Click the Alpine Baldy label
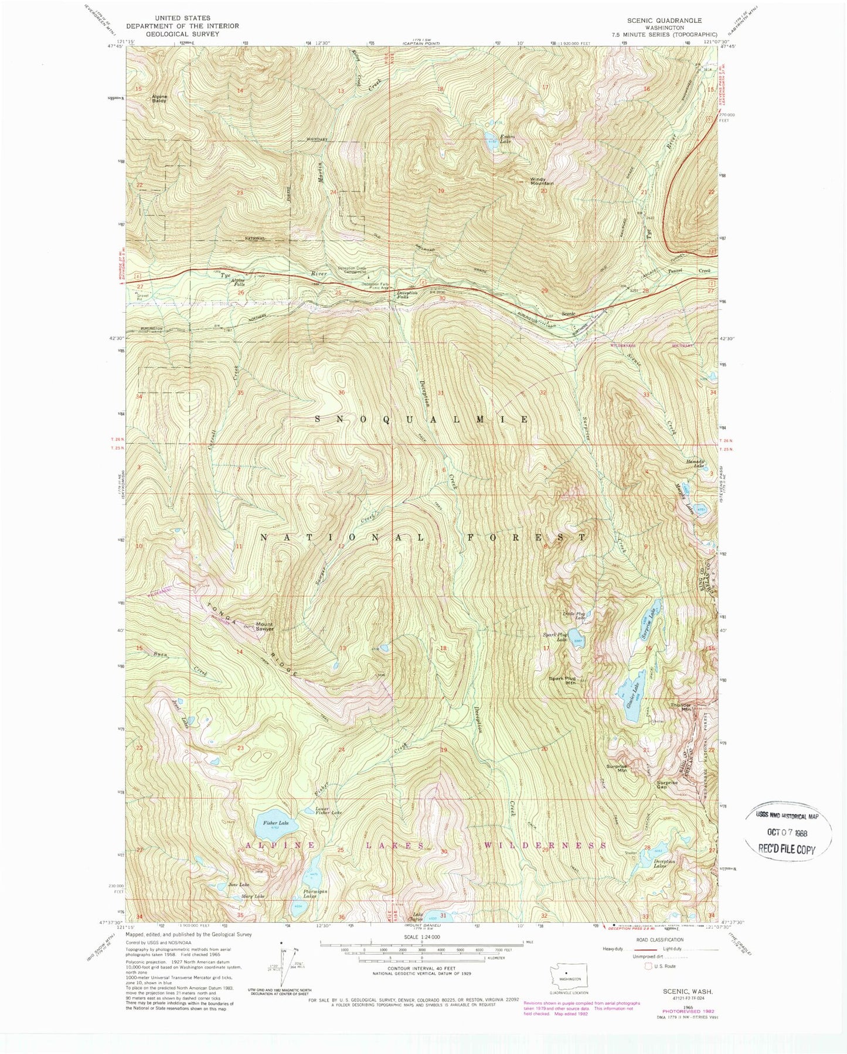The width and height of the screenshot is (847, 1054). [159, 98]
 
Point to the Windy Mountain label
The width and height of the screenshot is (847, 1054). [542, 182]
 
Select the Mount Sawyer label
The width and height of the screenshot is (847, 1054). [264, 627]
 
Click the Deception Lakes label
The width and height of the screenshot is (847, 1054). [665, 863]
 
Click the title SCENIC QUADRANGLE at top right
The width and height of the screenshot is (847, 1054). [664, 20]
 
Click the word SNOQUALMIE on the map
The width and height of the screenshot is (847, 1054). [423, 419]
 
